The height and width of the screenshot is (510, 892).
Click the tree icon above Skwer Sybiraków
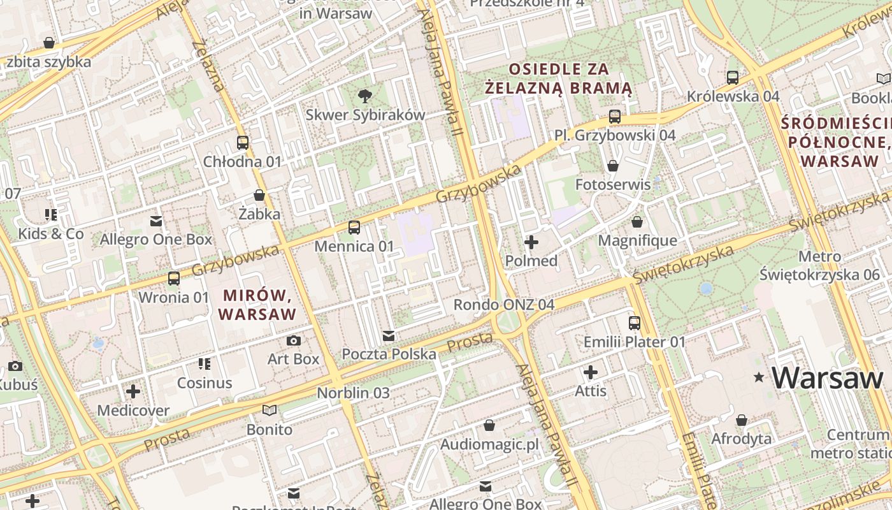[365, 96]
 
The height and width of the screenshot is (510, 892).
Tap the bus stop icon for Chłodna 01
[242, 143]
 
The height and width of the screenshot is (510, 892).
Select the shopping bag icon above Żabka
[259, 195]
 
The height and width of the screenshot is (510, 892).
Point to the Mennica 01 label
[354, 246]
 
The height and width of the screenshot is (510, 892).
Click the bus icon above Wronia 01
[173, 279]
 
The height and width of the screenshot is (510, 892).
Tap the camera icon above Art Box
[293, 340]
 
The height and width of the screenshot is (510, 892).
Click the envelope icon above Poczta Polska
[388, 336]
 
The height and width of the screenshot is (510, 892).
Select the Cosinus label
[205, 382]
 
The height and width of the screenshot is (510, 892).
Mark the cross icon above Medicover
[133, 391]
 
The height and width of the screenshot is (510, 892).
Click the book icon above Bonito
[270, 411]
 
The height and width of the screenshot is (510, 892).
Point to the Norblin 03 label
[353, 393]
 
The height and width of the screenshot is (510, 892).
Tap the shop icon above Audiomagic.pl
[489, 425]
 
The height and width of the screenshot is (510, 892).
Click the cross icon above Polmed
[531, 242]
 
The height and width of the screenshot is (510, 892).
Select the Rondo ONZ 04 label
[503, 305]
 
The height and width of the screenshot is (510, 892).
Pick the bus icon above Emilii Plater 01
[634, 323]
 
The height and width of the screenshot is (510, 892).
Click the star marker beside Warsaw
[758, 377]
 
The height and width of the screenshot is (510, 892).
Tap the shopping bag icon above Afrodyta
[741, 421]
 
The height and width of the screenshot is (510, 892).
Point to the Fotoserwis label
[613, 185]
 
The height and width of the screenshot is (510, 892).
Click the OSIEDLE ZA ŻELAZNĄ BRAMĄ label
[558, 78]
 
